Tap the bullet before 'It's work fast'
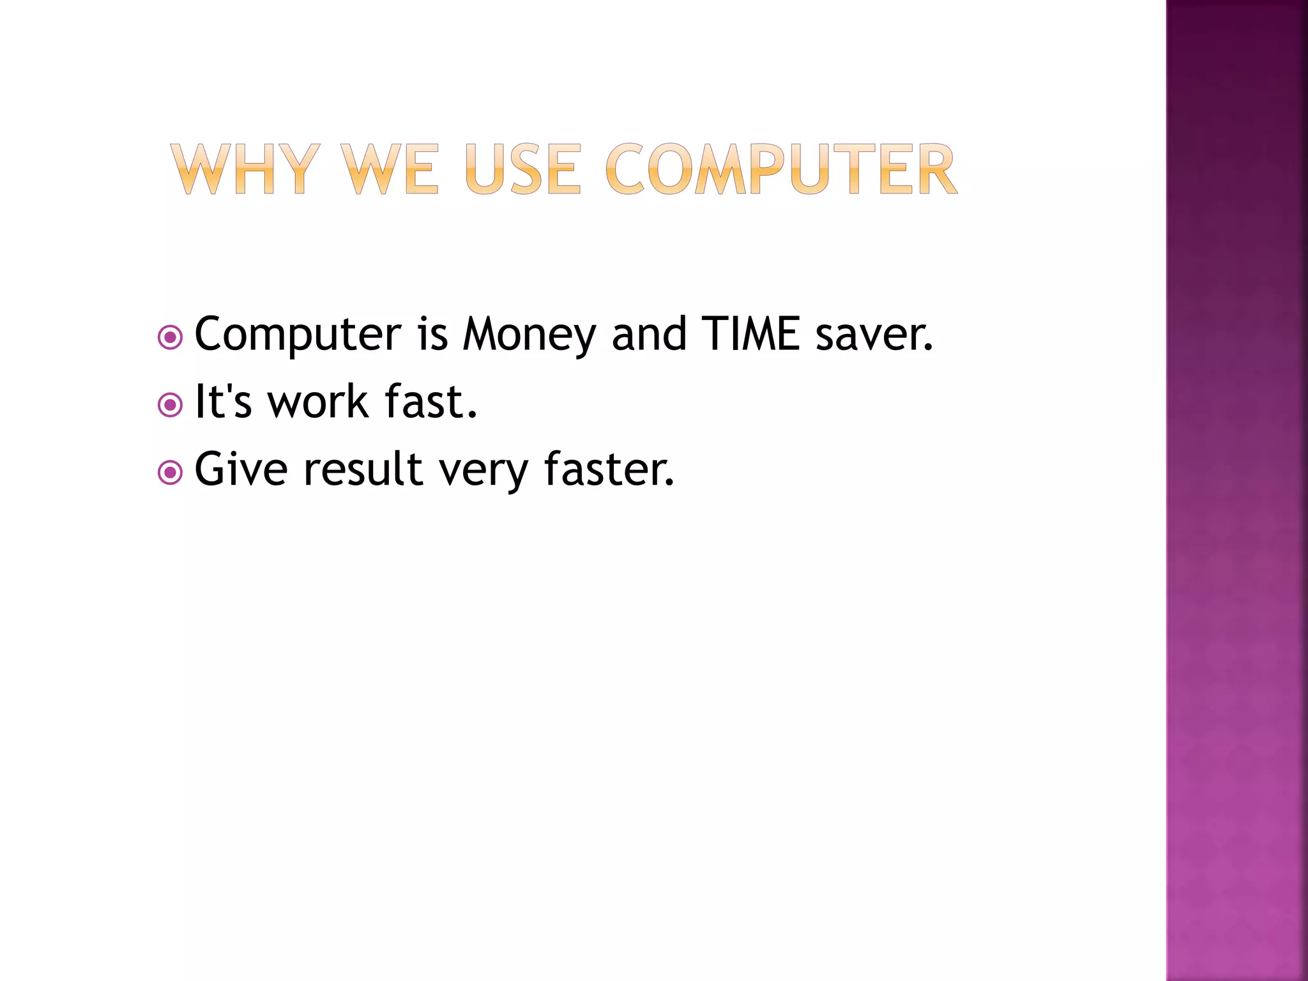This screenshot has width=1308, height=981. [170, 404]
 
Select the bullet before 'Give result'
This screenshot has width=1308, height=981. [170, 473]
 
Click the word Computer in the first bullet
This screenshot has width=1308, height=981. [298, 335]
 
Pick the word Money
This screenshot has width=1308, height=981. [529, 335]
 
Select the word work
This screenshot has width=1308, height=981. [318, 402]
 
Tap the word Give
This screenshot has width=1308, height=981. [241, 469]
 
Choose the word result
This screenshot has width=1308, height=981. [363, 469]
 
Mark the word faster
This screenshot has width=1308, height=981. [609, 469]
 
